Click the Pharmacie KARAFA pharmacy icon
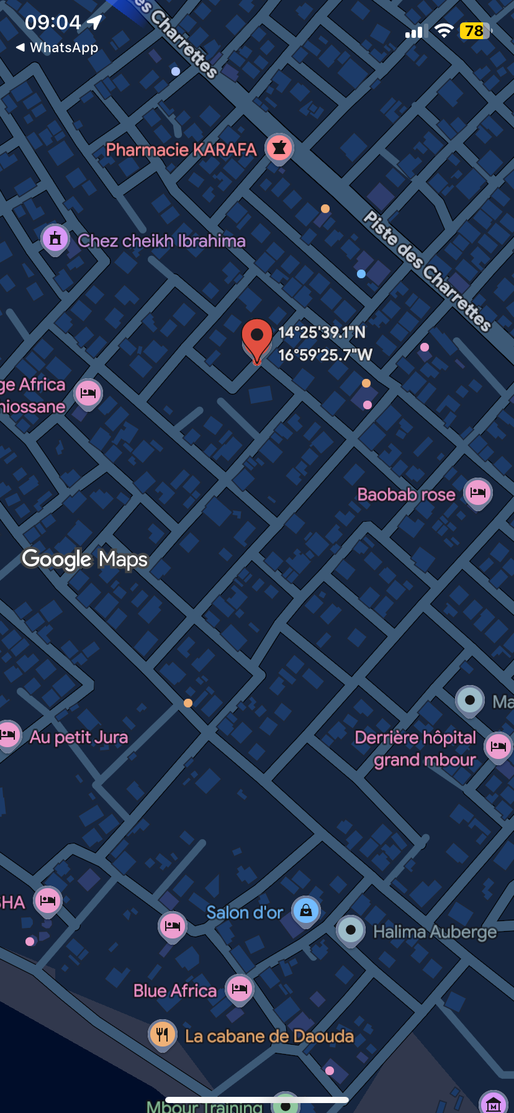(279, 148)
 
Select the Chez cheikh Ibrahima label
(161, 241)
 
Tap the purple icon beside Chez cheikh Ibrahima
(55, 238)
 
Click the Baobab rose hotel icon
(478, 493)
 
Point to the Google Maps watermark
(85, 559)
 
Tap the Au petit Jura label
(79, 737)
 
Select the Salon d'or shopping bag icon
(306, 911)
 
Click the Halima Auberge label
(435, 932)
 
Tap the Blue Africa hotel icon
(240, 988)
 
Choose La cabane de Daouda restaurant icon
(163, 1034)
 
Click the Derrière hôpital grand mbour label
(416, 748)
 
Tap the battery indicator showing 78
(475, 31)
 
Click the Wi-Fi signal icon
(443, 31)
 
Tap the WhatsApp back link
(57, 48)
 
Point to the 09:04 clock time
(53, 22)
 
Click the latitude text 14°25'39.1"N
(322, 332)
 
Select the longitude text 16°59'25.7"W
(325, 355)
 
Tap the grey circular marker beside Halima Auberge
(351, 930)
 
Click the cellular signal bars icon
(414, 32)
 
